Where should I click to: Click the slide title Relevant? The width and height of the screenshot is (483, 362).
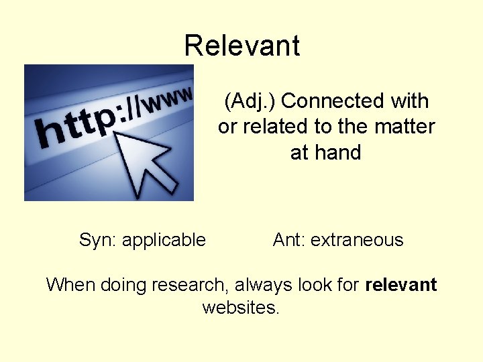[241, 46]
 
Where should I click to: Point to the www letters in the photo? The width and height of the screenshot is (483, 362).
[171, 99]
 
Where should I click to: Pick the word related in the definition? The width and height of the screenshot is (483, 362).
[275, 127]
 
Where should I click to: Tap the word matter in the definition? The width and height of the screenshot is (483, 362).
[401, 127]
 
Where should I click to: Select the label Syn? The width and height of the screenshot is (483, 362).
[98, 240]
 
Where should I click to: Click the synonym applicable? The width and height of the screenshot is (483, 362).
[164, 240]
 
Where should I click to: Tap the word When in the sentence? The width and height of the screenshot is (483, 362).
[71, 285]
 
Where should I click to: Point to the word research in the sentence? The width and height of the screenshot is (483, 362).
[190, 285]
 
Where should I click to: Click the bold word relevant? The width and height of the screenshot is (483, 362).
[401, 285]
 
